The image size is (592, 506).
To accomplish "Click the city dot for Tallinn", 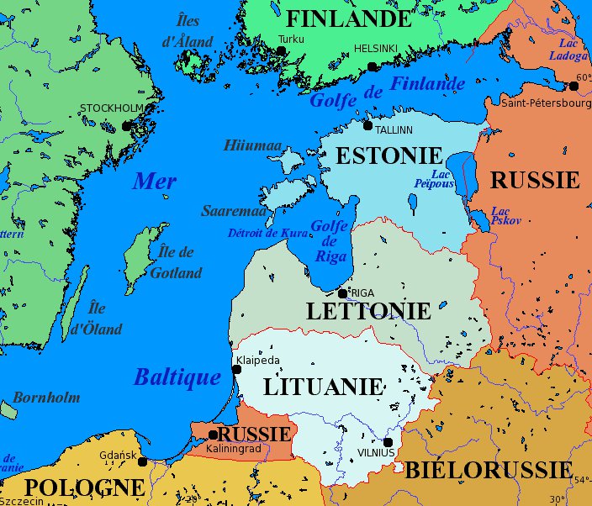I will (367, 126).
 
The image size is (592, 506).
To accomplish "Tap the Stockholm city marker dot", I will (126, 126).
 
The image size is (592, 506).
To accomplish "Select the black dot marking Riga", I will (342, 293).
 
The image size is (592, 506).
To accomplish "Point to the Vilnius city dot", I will (388, 442).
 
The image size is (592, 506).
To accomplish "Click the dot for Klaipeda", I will (236, 370).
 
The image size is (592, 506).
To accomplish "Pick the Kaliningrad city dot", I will (213, 435).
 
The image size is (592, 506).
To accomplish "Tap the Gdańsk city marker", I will (142, 461).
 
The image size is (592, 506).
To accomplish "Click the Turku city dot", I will (281, 51).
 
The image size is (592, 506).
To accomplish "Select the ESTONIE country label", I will (388, 155).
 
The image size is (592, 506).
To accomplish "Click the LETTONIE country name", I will (368, 311).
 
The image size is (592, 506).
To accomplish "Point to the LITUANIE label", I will (324, 387).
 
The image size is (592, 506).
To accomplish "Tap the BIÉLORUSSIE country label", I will (489, 470).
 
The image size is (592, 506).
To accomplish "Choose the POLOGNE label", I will (84, 488).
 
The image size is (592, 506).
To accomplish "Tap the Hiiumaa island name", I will (252, 145).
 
